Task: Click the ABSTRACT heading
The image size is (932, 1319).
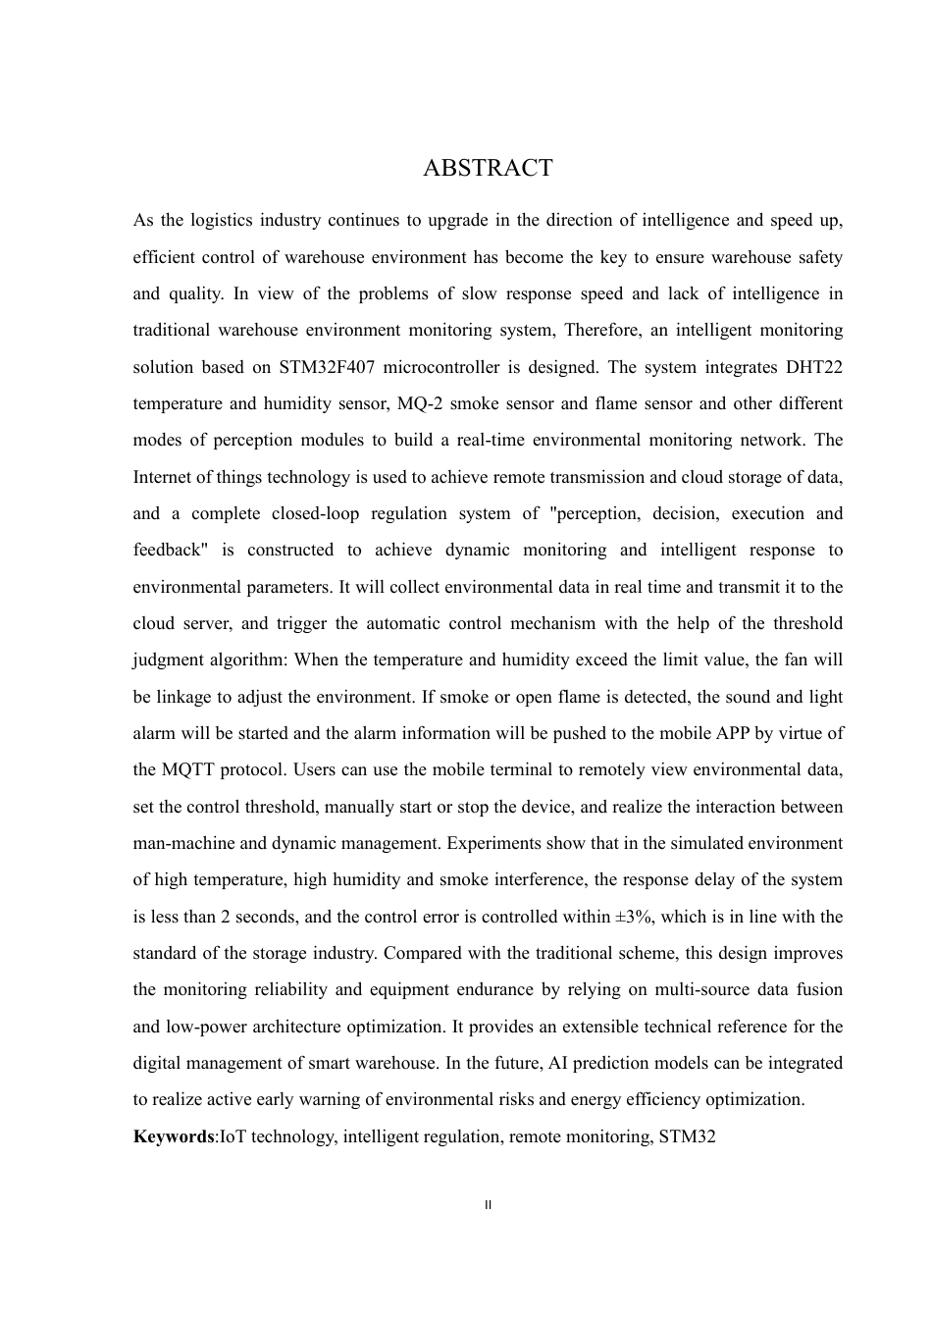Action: point(488,169)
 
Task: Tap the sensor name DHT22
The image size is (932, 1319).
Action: point(813,367)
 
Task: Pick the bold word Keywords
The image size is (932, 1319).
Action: point(174,1136)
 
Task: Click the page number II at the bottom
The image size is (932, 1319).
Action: point(488,1204)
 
